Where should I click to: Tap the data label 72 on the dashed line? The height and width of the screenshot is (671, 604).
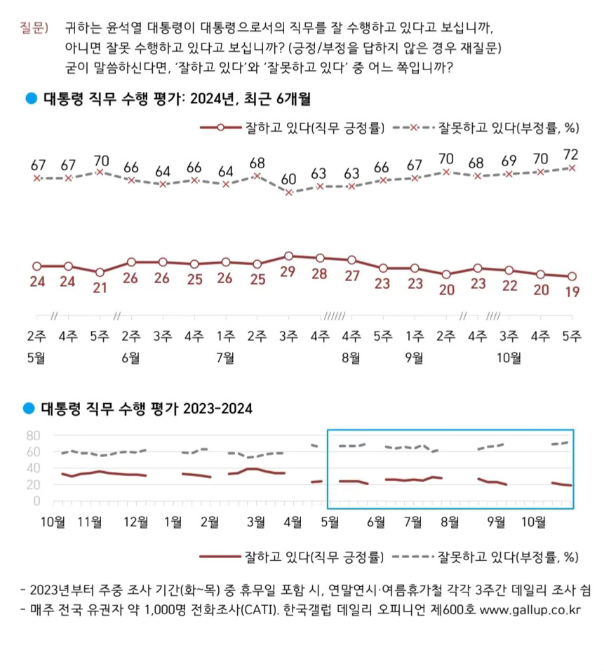tap(572, 153)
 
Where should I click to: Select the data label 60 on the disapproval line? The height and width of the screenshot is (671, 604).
tap(288, 179)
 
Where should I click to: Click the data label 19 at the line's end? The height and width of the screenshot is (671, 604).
tap(572, 292)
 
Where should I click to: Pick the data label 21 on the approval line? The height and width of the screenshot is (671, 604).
tap(100, 287)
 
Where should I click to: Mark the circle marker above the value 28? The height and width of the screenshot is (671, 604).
tap(320, 257)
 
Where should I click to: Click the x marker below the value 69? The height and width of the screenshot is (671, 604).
tap(509, 174)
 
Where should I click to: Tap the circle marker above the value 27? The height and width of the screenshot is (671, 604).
tap(351, 259)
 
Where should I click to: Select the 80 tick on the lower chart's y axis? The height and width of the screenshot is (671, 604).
tap(32, 435)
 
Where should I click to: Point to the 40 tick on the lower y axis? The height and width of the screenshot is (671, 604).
tap(32, 468)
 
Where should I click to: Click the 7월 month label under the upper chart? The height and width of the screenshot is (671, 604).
tap(225, 358)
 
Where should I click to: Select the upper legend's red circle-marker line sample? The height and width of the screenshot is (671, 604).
tap(220, 128)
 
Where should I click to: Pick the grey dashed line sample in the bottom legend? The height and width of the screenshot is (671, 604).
tap(412, 557)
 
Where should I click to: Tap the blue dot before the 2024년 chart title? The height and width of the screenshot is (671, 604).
tap(30, 98)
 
